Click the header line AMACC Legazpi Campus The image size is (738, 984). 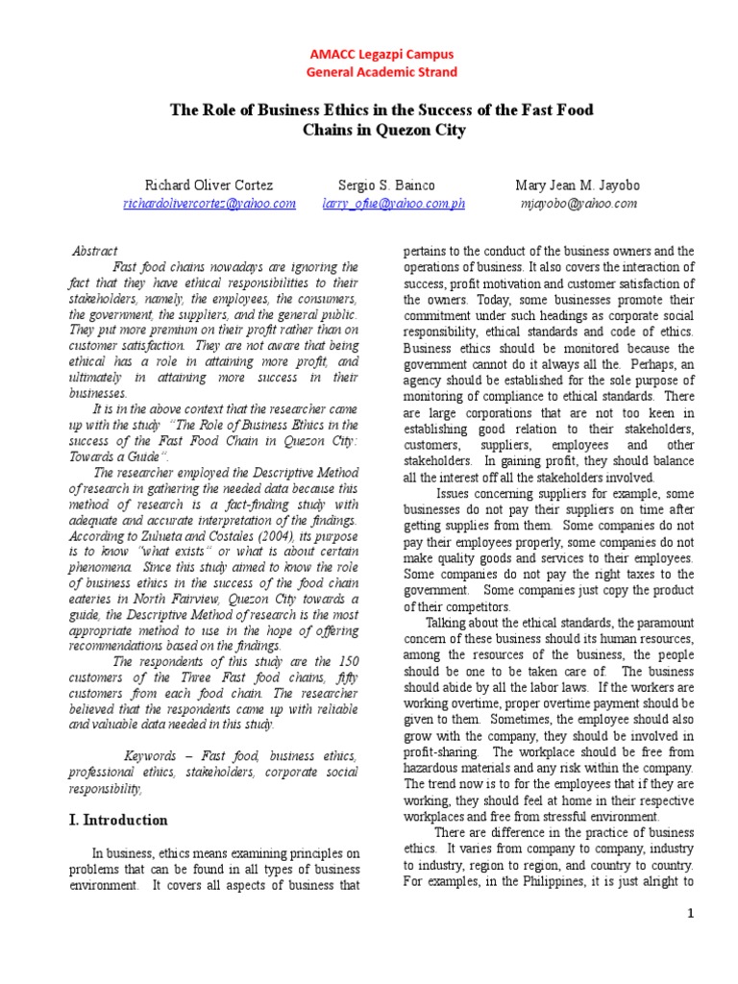point(381,55)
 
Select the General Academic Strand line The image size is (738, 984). point(381,72)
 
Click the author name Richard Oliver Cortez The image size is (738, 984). point(209,184)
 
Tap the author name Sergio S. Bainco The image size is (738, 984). point(387,184)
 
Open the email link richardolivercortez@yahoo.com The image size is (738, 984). point(209,204)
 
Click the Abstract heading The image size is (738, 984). point(95,251)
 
